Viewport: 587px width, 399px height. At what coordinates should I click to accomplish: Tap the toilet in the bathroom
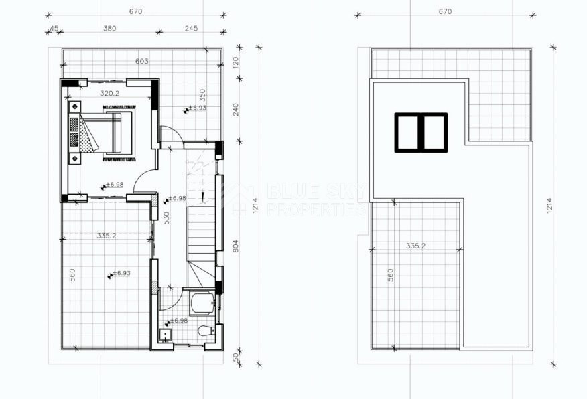[x=204, y=331]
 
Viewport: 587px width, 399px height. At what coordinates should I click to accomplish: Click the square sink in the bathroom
[x=164, y=334]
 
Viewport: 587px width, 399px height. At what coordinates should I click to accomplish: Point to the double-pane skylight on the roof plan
[x=420, y=133]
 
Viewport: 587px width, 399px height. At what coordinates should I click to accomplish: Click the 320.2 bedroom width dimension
[x=109, y=93]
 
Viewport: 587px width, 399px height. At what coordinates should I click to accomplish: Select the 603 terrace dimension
[x=141, y=61]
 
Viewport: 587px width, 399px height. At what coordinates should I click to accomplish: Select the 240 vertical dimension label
[x=236, y=109]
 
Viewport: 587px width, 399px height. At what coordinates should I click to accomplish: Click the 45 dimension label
[x=54, y=28]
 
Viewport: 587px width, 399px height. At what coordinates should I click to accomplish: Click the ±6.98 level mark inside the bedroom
[x=115, y=184]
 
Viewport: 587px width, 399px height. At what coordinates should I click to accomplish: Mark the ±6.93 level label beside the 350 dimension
[x=196, y=107]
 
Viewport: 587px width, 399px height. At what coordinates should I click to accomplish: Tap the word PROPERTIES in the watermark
[x=316, y=210]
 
